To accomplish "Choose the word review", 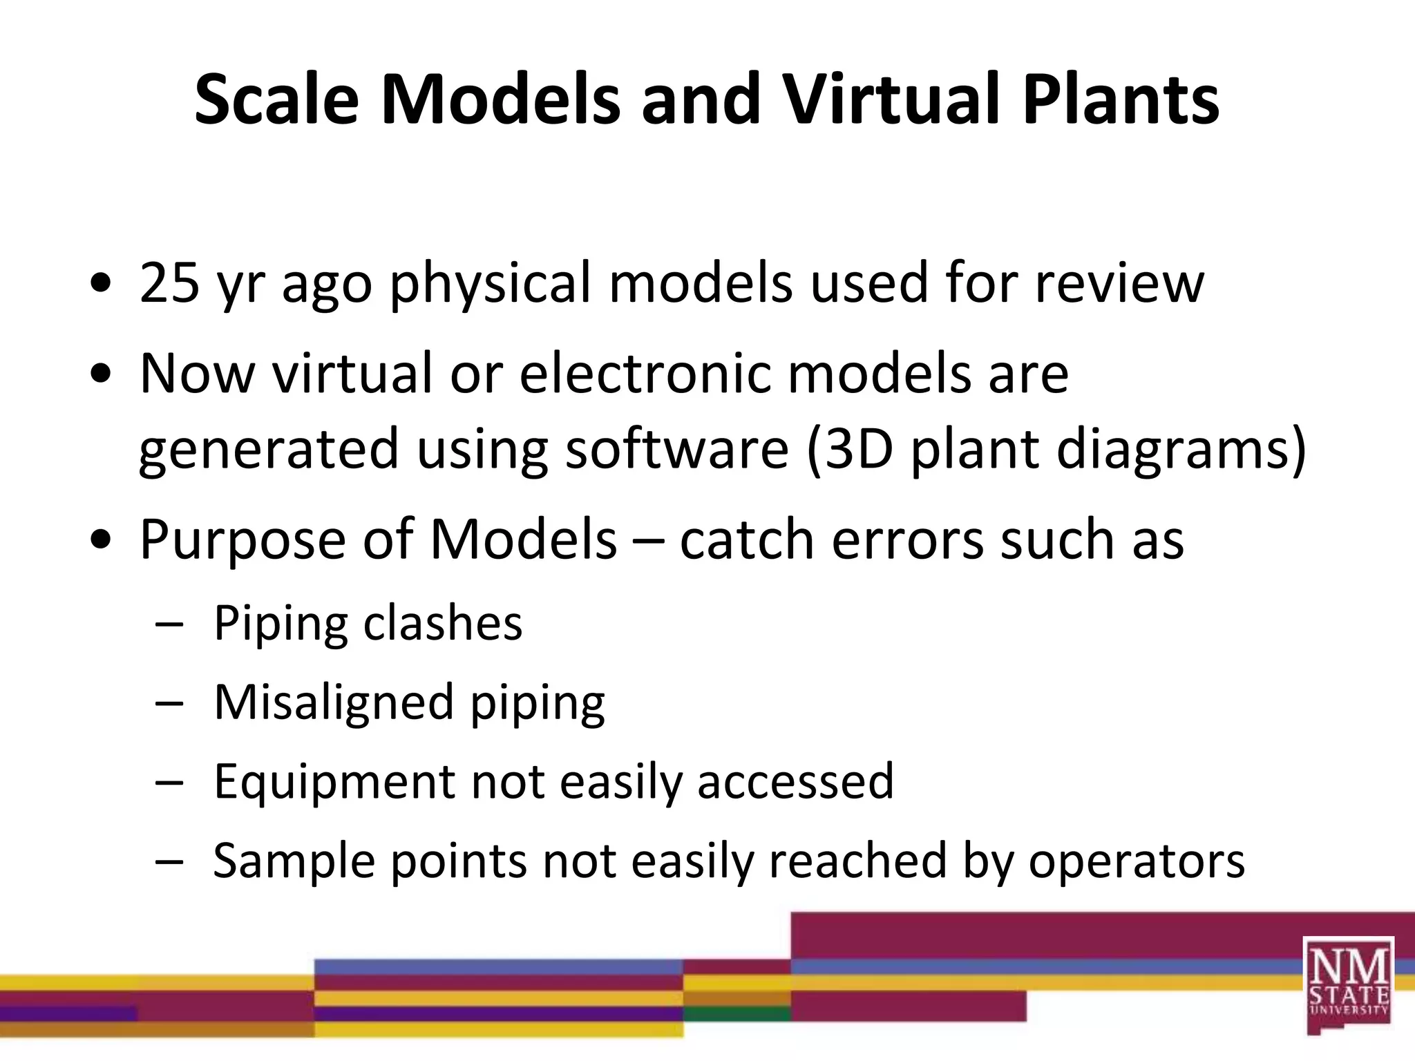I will [1119, 283].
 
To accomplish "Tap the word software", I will [677, 449].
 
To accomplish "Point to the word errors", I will [907, 540].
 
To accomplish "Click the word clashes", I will [443, 623].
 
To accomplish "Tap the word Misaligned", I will [333, 703].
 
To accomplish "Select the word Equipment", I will [334, 783].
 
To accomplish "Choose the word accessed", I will [795, 782].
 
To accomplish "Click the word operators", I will [1137, 862].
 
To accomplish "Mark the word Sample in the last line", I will [293, 862].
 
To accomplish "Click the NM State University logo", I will [1348, 984].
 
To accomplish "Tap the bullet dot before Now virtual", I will [101, 374].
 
